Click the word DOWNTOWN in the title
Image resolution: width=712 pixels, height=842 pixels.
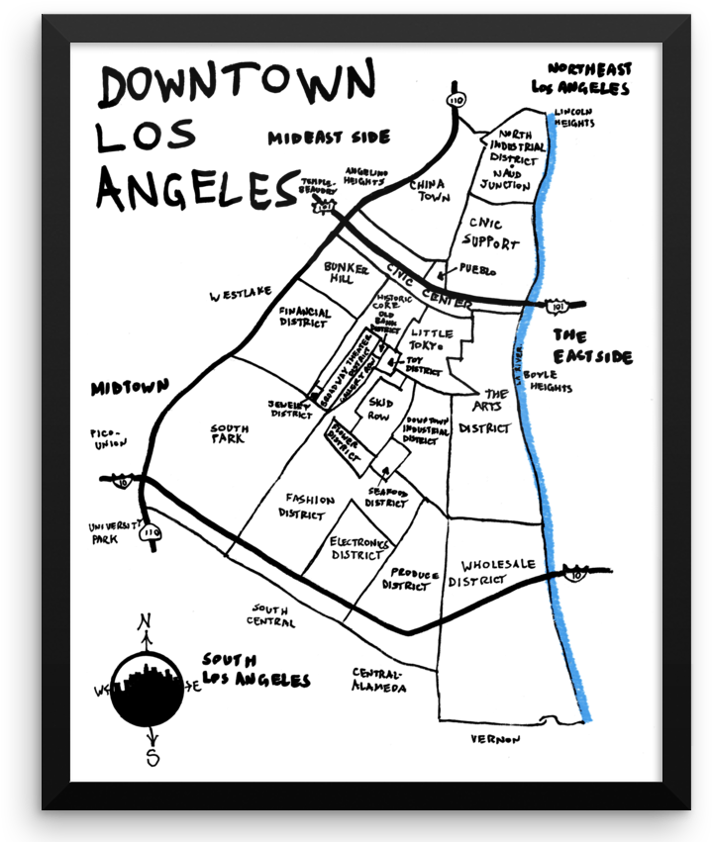(x=238, y=84)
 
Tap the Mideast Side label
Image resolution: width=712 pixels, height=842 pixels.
(x=330, y=139)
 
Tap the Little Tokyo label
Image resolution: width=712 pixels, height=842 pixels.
(x=432, y=339)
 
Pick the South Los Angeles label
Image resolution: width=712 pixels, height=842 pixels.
(x=254, y=670)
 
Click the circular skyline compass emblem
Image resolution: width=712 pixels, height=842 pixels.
(x=147, y=690)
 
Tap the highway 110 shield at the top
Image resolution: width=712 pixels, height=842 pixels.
(x=458, y=101)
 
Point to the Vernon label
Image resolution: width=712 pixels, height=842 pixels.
(x=495, y=739)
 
